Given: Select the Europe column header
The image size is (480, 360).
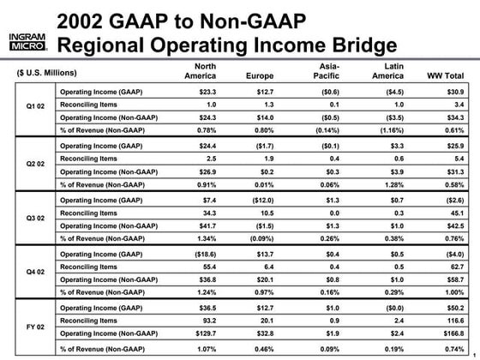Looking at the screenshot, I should [x=260, y=75].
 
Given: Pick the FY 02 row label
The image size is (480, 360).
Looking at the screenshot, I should [x=29, y=326].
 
